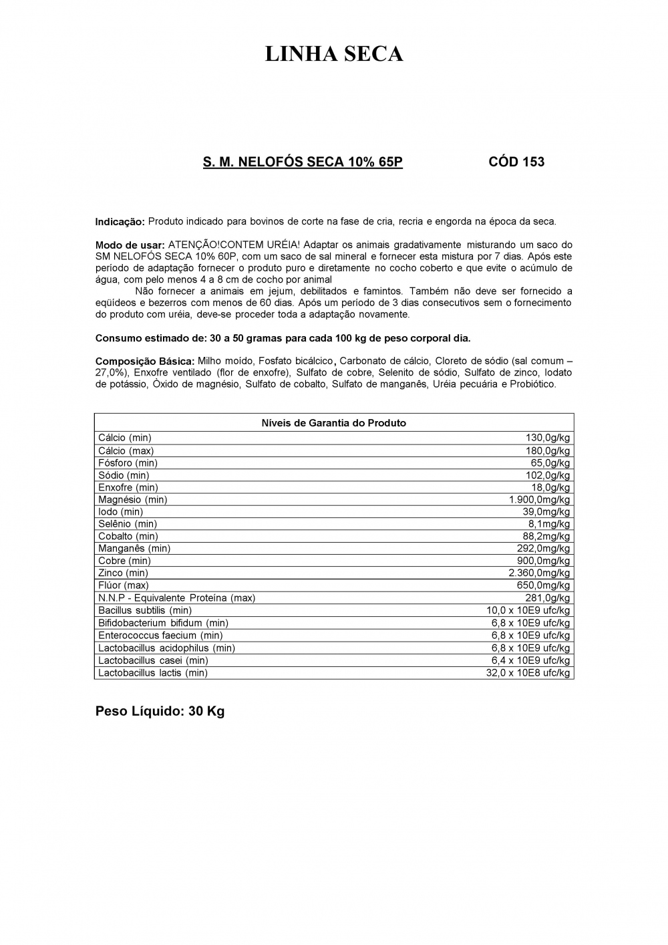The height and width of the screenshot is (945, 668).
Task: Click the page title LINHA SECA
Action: pos(334,54)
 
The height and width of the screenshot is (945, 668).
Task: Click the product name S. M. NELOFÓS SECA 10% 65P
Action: pos(303,162)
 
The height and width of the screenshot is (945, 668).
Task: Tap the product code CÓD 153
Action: pos(516,162)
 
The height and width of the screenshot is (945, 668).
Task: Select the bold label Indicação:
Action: pos(120,221)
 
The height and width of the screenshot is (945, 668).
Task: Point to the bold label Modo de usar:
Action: pos(130,245)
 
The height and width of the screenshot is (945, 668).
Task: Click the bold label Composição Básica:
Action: pos(145,361)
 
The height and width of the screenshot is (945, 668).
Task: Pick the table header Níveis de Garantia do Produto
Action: pos(333,423)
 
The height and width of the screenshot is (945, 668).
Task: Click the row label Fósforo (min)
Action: pos(128,462)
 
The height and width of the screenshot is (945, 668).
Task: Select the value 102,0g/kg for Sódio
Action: pos(548,475)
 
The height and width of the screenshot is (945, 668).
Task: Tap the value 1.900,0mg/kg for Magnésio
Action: pos(540,499)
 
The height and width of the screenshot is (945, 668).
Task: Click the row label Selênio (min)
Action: pos(127,524)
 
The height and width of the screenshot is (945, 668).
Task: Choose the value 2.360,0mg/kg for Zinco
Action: pos(540,573)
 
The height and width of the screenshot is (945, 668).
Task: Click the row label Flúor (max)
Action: pos(124,585)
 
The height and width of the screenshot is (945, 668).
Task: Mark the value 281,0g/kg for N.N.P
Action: pos(548,597)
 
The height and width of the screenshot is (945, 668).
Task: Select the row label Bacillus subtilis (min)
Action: pos(145,610)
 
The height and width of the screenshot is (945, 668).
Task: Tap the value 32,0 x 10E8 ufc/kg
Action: pos(528,673)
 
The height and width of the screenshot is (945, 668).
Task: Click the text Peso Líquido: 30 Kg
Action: pos(160,711)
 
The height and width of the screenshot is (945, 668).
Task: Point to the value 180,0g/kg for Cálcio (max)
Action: pos(548,450)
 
